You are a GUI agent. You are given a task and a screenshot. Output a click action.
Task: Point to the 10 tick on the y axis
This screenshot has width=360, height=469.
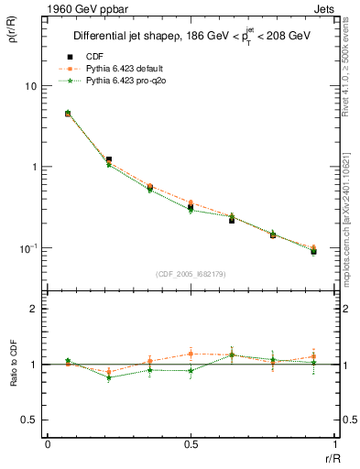click(x=31, y=86)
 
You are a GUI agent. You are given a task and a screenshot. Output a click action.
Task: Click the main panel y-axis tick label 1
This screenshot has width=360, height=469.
click(x=35, y=167)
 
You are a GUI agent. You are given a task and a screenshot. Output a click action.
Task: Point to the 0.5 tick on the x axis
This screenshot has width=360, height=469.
click(x=191, y=443)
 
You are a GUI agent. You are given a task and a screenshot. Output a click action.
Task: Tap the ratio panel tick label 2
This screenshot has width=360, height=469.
click(x=35, y=309)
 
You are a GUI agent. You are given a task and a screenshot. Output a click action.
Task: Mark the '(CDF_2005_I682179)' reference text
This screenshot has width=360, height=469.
click(x=191, y=272)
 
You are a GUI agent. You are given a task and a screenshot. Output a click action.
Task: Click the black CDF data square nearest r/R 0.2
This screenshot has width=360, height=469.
click(x=109, y=160)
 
